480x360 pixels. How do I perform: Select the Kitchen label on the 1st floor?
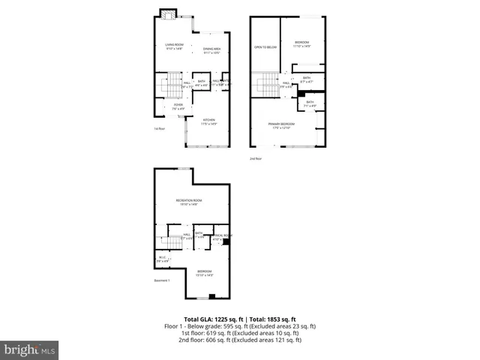pyautogui.click(x=209, y=121)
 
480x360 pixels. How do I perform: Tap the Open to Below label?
pyautogui.click(x=265, y=47)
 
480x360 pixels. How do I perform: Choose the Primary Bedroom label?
pyautogui.click(x=283, y=125)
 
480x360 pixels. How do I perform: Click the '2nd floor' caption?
pyautogui.click(x=257, y=159)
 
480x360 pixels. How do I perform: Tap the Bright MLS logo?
pyautogui.click(x=30, y=349)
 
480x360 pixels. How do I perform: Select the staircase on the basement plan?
pyautogui.click(x=169, y=242)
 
